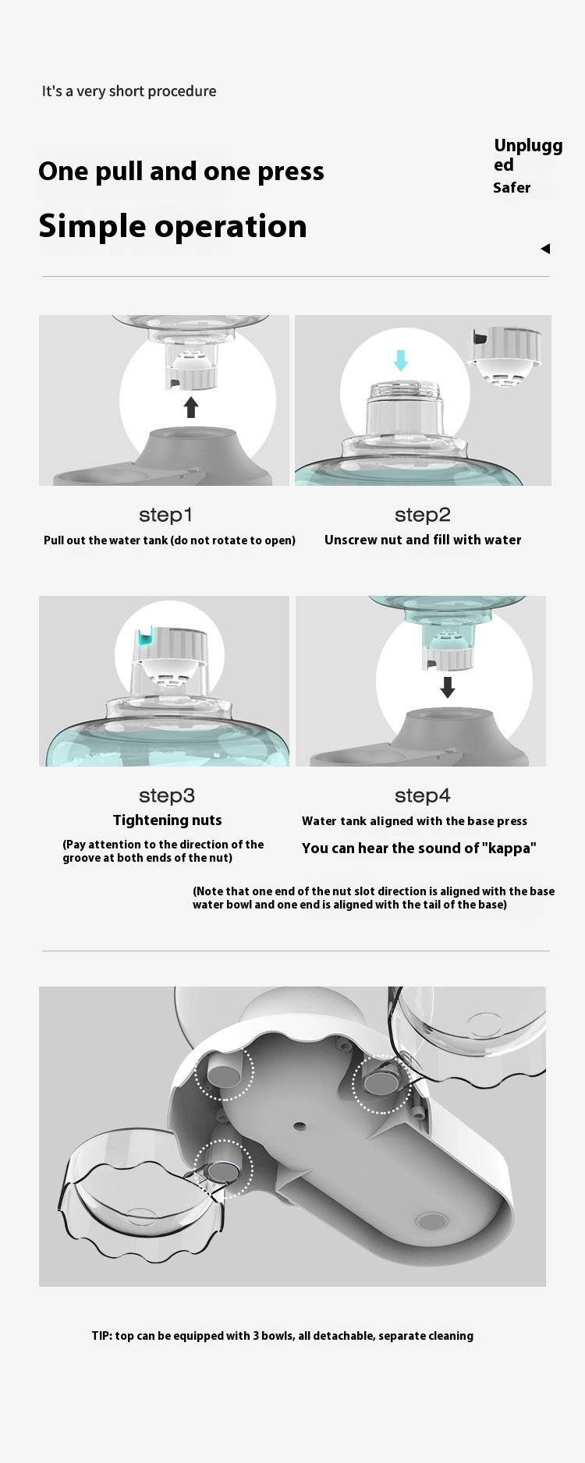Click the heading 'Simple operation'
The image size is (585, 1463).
[172, 227]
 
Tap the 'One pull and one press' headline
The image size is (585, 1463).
[181, 172]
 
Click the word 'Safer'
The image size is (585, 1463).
[512, 188]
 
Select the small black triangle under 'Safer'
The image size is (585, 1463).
[545, 249]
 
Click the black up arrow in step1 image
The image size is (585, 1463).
[191, 406]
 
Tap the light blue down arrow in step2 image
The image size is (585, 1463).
[401, 360]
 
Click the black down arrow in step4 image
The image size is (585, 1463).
[448, 687]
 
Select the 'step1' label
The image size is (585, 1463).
[165, 515]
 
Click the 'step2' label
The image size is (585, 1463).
[423, 515]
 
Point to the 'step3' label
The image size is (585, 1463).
[167, 795]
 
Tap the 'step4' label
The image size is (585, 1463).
[423, 795]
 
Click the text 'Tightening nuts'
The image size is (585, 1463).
[168, 820]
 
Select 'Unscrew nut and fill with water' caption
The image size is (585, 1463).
[423, 540]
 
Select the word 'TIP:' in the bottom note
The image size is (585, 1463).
[101, 1336]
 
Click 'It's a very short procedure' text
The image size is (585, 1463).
[129, 91]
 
